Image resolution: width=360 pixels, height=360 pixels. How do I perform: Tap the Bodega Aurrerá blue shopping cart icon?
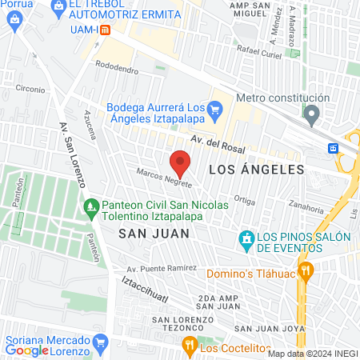[214, 109]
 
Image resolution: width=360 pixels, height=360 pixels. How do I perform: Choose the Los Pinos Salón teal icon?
[247, 238]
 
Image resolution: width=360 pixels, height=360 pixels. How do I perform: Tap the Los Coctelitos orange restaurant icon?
[190, 346]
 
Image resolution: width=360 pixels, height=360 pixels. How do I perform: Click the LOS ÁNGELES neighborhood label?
[256, 170]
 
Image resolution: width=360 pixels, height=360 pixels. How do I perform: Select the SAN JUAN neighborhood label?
[154, 233]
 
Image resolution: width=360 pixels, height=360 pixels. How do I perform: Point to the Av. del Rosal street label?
[217, 143]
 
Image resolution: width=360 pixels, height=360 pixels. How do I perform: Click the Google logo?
[26, 350]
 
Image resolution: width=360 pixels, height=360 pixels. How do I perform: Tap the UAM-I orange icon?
[105, 30]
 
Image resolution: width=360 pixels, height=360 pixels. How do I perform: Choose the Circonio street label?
[29, 90]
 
